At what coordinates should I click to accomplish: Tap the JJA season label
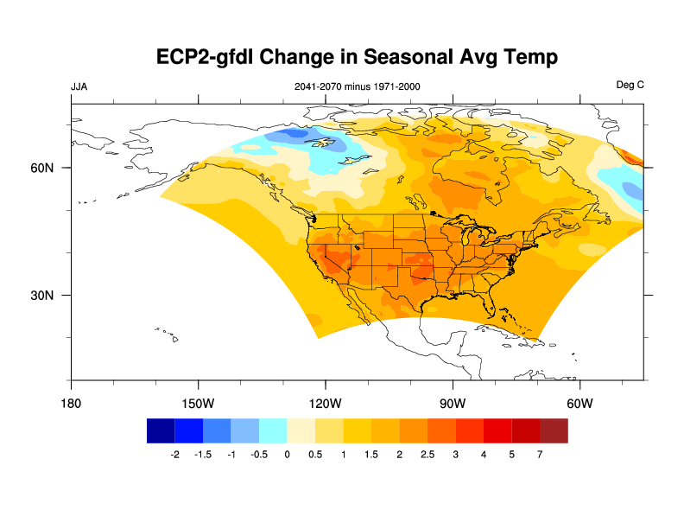(x=79, y=86)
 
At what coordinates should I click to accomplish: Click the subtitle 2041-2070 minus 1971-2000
(x=358, y=86)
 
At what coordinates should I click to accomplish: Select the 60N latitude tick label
(x=43, y=168)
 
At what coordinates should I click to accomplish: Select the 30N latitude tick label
(x=43, y=295)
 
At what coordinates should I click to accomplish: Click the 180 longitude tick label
(x=71, y=403)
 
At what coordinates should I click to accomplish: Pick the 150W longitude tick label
(x=198, y=403)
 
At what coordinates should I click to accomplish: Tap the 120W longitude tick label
(x=325, y=403)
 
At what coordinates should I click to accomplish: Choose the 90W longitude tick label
(x=453, y=403)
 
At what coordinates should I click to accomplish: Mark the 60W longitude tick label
(x=579, y=403)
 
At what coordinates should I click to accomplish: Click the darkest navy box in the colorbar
(x=161, y=430)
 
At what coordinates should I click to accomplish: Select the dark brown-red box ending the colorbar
(x=554, y=430)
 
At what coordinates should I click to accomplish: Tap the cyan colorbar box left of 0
(x=273, y=430)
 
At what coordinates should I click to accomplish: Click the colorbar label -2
(x=174, y=454)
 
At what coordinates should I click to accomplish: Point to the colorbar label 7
(x=540, y=454)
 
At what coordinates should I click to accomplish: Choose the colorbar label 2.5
(x=427, y=454)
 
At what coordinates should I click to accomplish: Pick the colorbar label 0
(x=287, y=454)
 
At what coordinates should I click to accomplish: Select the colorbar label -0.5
(x=258, y=454)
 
